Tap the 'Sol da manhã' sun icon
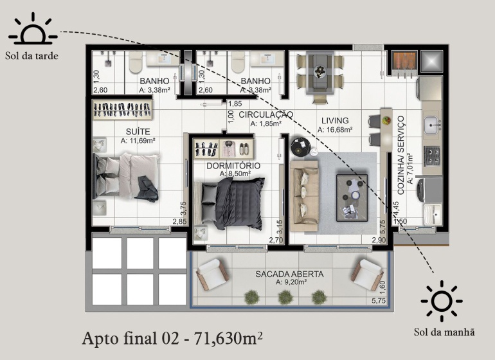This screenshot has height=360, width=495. click(442, 301)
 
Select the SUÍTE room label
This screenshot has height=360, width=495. click(138, 131)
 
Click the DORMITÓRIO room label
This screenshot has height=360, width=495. click(233, 166)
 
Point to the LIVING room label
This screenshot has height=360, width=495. click(335, 120)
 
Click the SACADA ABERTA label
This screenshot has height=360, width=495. click(289, 274)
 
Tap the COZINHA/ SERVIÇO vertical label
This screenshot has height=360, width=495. click(401, 155)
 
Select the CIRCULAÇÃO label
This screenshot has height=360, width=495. click(265, 114)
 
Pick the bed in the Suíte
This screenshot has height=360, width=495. click(126, 177)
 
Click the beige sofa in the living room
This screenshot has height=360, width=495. click(304, 196)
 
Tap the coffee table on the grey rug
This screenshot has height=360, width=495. click(352, 198)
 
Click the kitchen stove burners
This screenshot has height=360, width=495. click(431, 156)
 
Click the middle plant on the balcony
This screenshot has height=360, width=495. click(285, 298)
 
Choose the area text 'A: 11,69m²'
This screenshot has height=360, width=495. click(138, 141)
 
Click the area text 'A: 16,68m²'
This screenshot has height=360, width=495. click(335, 129)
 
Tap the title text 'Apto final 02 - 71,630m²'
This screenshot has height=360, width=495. click(172, 339)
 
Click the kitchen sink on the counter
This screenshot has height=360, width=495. click(431, 125)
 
